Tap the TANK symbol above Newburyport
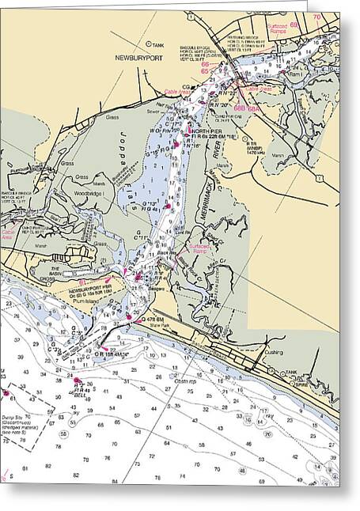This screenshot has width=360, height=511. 147,44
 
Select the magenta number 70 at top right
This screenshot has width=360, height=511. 316,17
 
